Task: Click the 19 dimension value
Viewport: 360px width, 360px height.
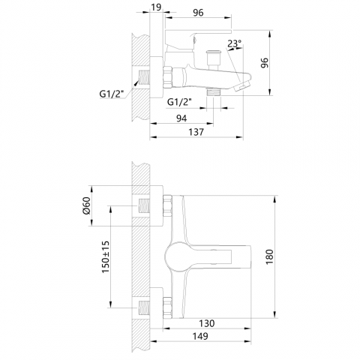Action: [x=156, y=7]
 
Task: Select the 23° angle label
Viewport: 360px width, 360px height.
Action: [x=235, y=43]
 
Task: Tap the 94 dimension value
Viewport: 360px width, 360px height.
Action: [x=181, y=118]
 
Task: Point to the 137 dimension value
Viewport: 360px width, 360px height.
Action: [x=196, y=132]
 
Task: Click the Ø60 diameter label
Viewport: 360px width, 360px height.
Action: [x=86, y=205]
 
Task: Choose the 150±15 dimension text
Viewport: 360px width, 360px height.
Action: [x=106, y=257]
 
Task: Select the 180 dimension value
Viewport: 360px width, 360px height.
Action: [x=270, y=257]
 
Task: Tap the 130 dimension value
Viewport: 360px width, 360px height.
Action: [x=207, y=323]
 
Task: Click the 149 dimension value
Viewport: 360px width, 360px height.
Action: [x=200, y=336]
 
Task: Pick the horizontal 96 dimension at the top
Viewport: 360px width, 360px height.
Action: [x=198, y=13]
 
